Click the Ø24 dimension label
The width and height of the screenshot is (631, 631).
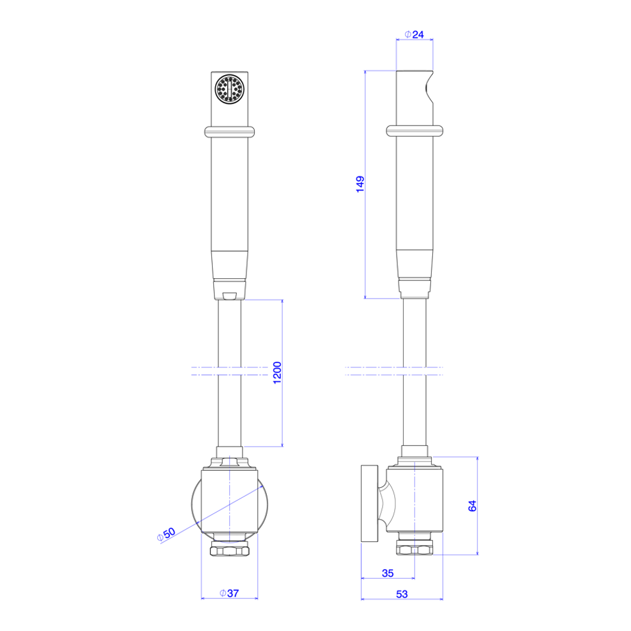pos(414,34)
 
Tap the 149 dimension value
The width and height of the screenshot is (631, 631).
pos(360,184)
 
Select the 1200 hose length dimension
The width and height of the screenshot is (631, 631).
pos(277,373)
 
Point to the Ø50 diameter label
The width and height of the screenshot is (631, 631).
pos(166,534)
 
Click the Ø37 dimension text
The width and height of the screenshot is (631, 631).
pos(229,593)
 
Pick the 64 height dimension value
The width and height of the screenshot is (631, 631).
pos(472,506)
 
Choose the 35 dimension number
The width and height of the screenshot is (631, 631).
pos(388,573)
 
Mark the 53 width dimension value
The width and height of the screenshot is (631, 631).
pos(402,594)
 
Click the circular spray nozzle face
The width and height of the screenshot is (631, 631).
pos(229,89)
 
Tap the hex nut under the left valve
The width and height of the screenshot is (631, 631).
pos(229,549)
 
